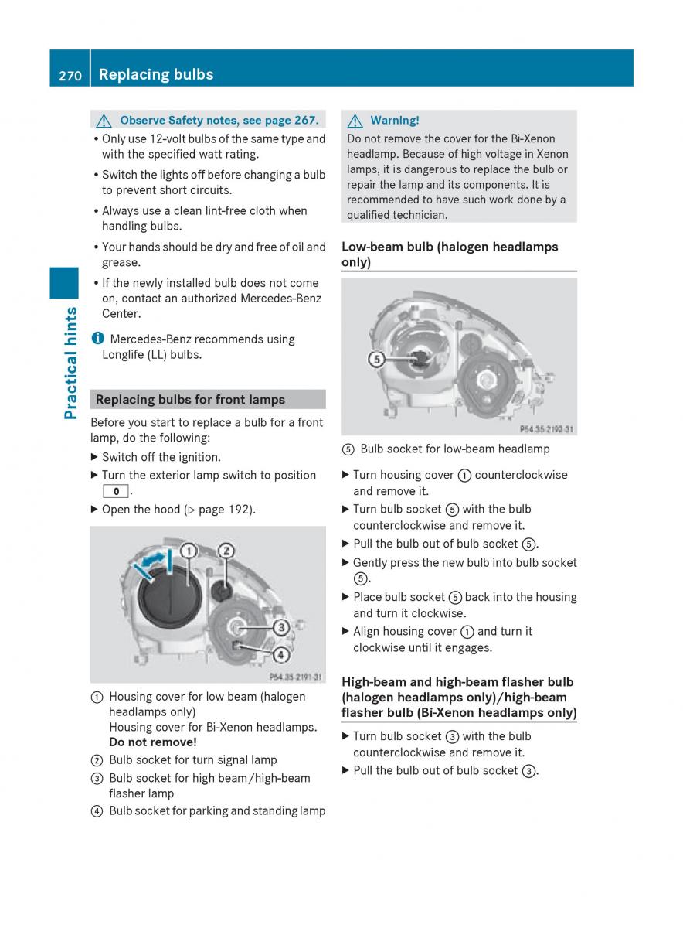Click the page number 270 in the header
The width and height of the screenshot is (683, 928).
[x=70, y=75]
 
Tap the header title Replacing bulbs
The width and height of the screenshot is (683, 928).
[x=156, y=75]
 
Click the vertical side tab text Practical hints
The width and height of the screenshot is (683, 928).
[x=71, y=363]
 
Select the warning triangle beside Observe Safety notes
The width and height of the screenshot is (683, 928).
[x=104, y=121]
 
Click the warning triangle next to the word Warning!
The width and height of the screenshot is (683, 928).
[x=355, y=121]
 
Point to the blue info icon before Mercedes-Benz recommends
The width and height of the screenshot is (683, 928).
[x=97, y=339]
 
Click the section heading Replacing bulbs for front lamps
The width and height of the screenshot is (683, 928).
[x=190, y=400]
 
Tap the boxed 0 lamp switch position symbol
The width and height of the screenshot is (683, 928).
[x=115, y=492]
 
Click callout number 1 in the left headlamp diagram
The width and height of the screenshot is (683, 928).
[x=188, y=551]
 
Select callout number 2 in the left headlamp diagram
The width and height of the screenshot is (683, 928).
[x=226, y=551]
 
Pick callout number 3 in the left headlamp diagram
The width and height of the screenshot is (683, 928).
[x=281, y=626]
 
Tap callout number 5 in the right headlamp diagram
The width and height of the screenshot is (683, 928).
[x=376, y=359]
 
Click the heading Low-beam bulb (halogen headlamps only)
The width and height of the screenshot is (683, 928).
[x=450, y=254]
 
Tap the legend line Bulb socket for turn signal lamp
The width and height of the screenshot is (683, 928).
[x=192, y=760]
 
